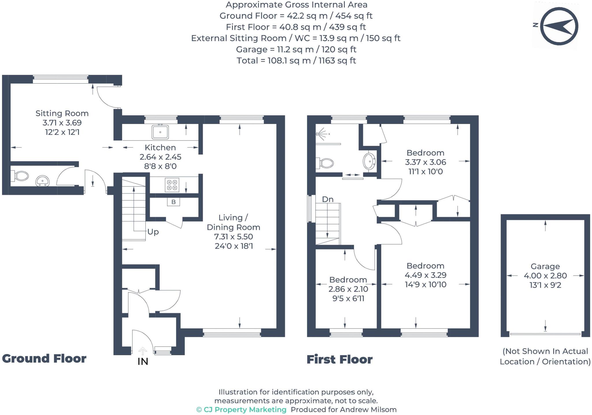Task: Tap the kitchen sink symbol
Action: click(x=160, y=132)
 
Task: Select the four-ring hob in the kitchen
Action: click(x=172, y=185)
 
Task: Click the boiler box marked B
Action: click(x=173, y=202)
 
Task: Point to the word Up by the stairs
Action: click(x=153, y=232)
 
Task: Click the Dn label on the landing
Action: click(x=328, y=199)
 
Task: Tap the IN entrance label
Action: click(x=143, y=362)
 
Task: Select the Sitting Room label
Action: click(x=62, y=113)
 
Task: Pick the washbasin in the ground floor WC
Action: click(x=42, y=181)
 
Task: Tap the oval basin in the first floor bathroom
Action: click(x=369, y=161)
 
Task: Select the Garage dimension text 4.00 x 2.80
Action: click(x=545, y=276)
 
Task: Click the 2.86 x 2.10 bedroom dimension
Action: click(x=348, y=289)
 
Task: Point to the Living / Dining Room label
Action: click(x=233, y=222)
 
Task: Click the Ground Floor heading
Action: click(x=44, y=359)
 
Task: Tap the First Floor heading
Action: click(x=339, y=360)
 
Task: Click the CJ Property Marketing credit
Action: click(x=241, y=410)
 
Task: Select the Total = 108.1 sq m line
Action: click(x=296, y=61)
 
